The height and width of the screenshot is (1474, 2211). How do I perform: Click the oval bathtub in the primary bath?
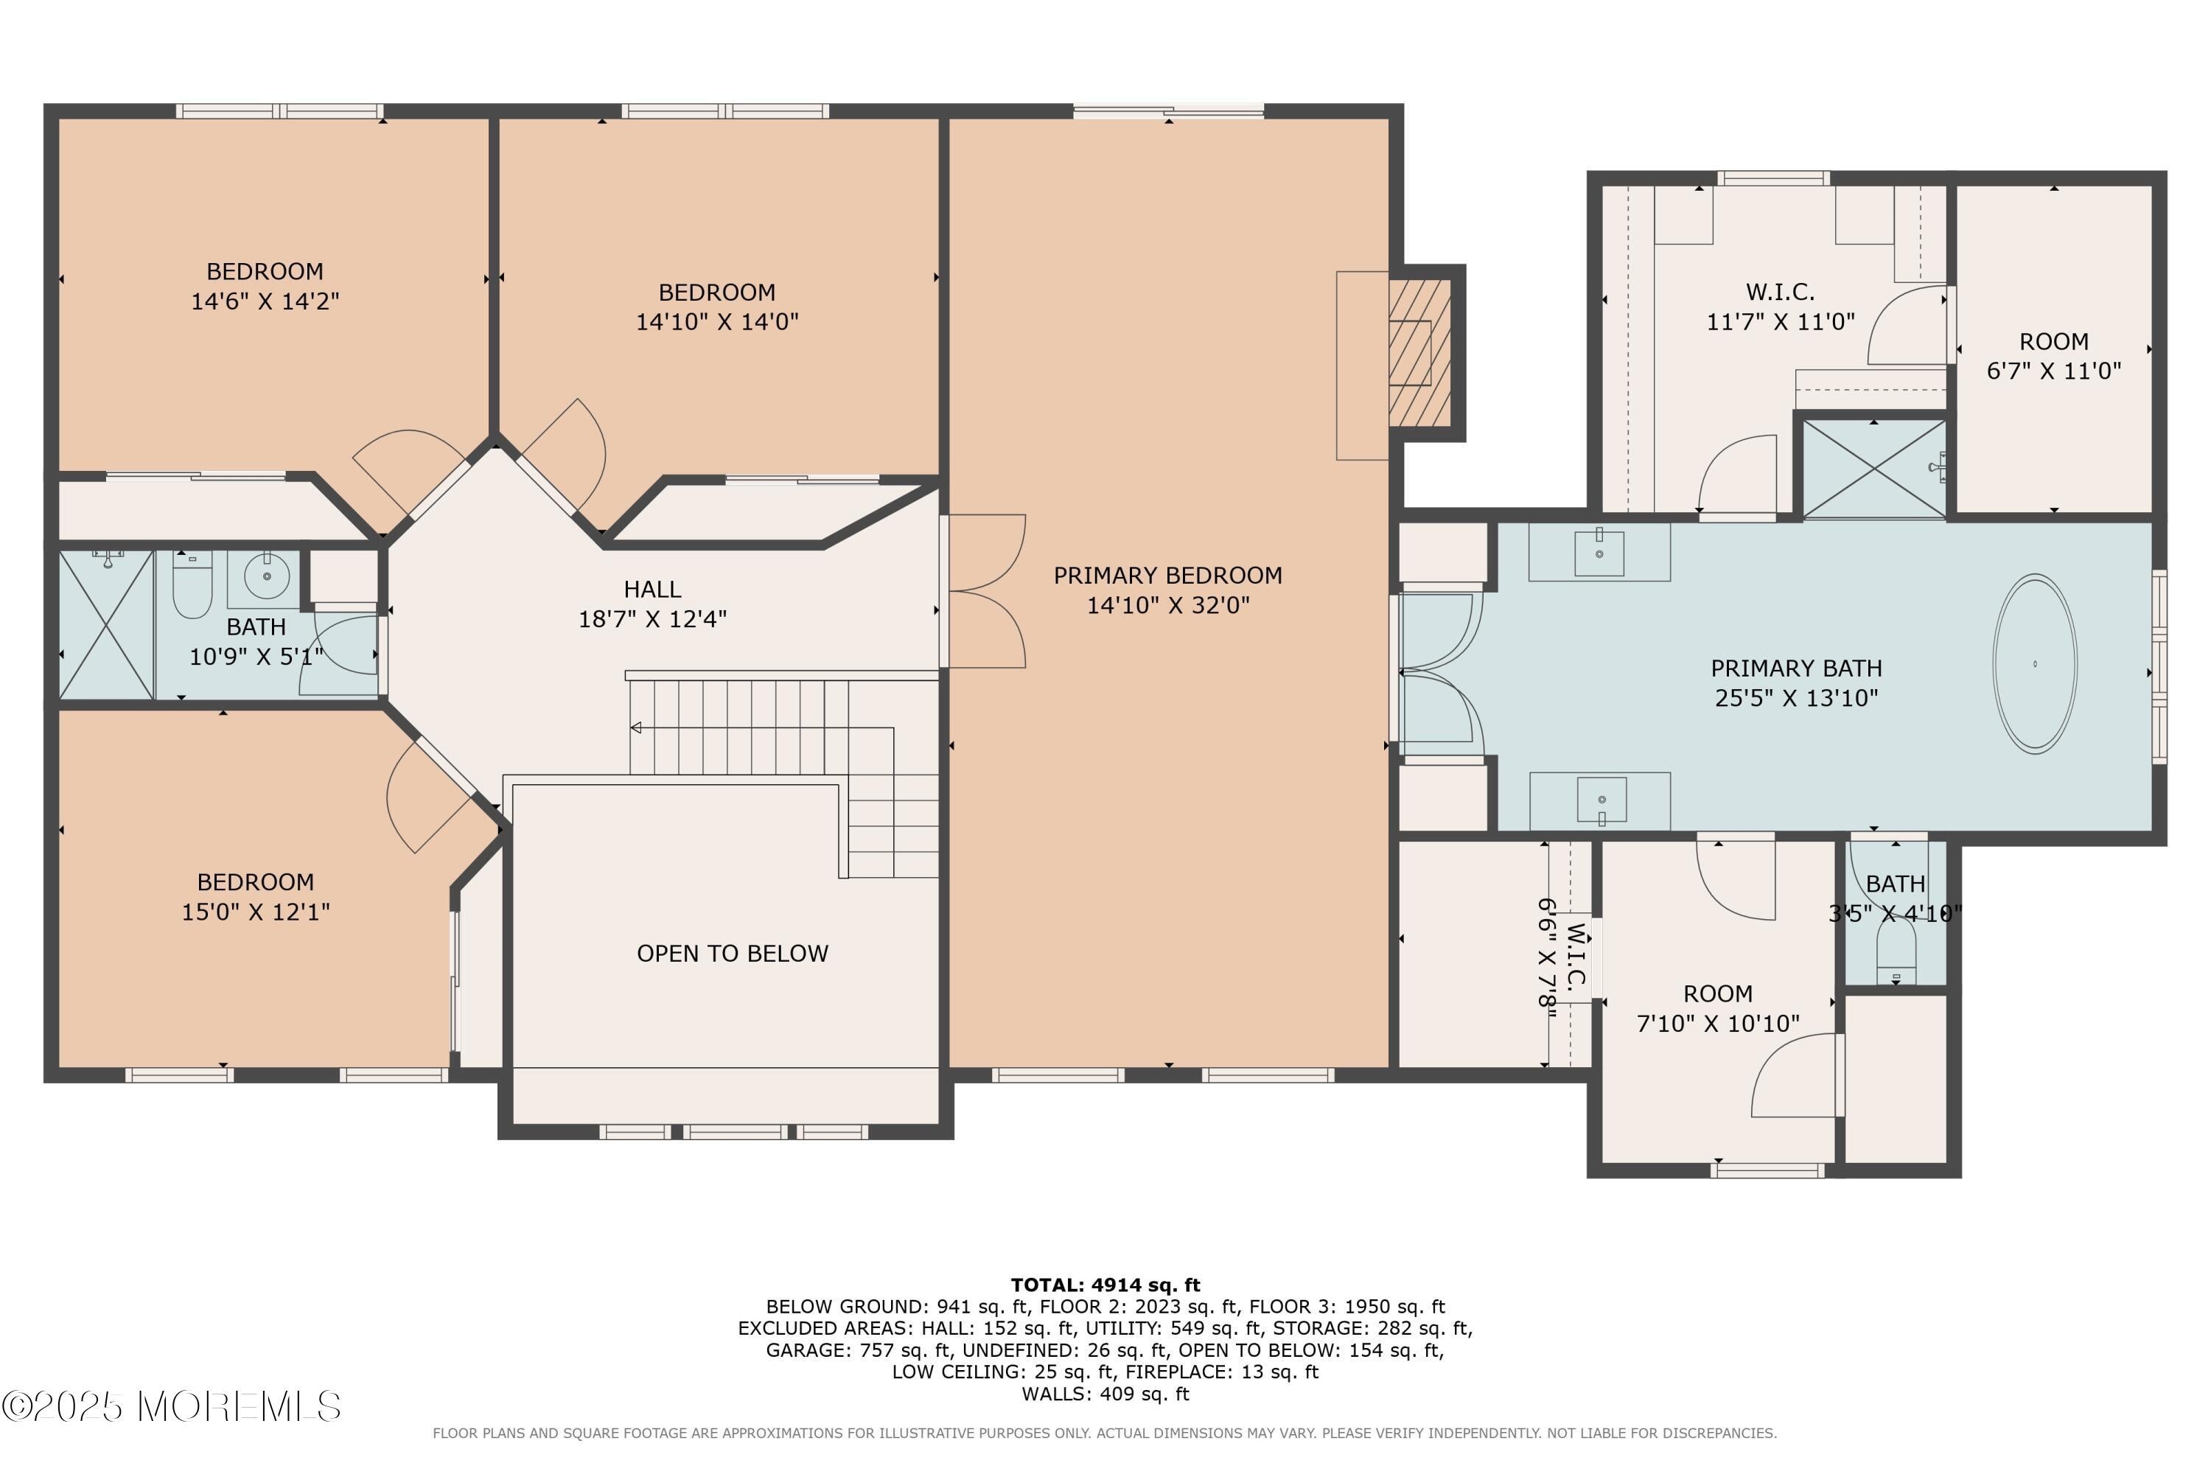point(2034,664)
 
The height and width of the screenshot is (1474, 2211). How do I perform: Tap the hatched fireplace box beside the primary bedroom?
point(1419,352)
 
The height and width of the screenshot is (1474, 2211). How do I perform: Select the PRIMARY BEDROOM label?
point(1167,576)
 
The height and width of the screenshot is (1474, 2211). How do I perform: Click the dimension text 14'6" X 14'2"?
point(265,301)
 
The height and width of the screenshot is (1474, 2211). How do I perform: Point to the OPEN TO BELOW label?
point(733,953)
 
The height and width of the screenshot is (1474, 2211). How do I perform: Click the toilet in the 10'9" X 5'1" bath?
point(192,584)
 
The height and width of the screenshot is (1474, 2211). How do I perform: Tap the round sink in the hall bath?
point(266,576)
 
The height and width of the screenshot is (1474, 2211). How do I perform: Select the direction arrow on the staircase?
point(637,727)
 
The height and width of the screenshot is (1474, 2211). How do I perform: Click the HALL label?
point(652,590)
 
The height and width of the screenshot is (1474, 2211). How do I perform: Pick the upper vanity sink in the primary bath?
point(1599,553)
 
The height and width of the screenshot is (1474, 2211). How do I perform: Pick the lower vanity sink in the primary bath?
point(1601,800)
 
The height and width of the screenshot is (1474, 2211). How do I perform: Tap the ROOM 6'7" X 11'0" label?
point(2053,341)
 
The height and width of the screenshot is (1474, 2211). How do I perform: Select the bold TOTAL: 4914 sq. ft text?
point(1105,1285)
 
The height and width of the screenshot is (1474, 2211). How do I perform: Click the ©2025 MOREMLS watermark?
point(171,1407)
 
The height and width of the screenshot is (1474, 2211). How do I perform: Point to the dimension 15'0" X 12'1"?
point(256,912)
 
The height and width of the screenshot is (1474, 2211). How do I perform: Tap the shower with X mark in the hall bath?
point(106,625)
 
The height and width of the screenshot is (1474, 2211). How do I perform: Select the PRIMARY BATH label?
point(1795,668)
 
